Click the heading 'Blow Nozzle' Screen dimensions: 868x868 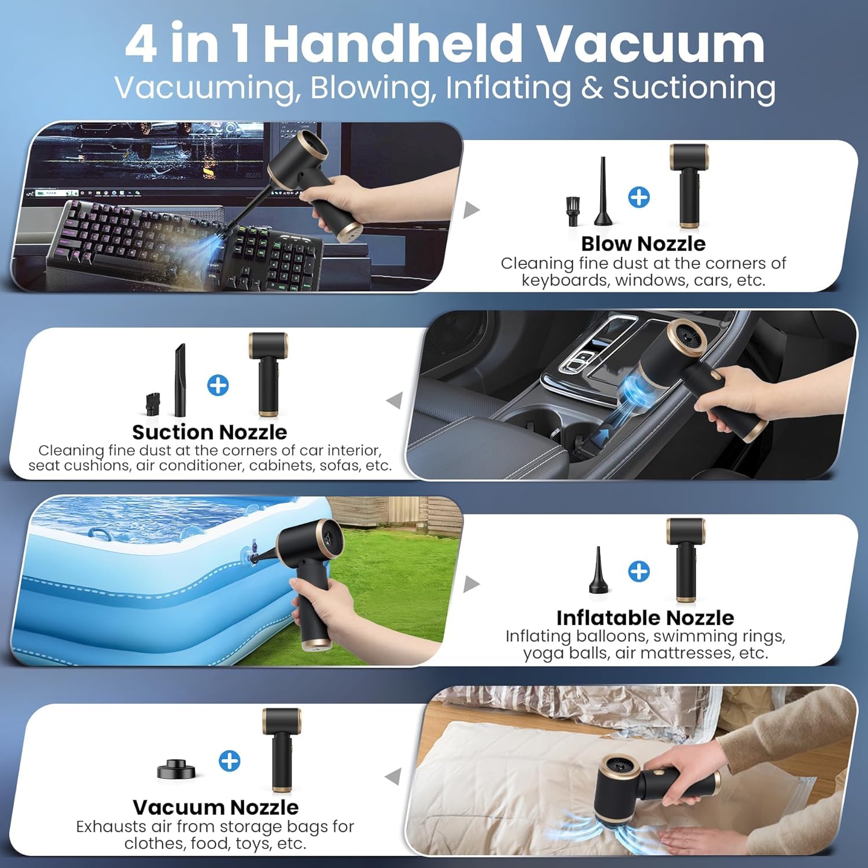(x=643, y=244)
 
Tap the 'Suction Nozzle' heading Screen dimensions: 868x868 (x=209, y=432)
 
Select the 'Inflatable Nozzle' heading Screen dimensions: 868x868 (x=645, y=618)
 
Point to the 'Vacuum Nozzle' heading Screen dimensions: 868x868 (x=215, y=807)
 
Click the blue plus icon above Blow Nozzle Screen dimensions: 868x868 (x=639, y=197)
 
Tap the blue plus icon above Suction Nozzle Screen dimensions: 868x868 (x=218, y=385)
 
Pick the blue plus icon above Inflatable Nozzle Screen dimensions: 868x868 (x=639, y=571)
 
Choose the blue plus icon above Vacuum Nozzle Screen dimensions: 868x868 (x=230, y=761)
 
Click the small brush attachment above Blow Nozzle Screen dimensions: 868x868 (x=572, y=211)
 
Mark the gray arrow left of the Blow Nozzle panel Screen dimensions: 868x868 (x=472, y=209)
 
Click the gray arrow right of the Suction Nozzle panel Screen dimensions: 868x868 (x=394, y=400)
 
